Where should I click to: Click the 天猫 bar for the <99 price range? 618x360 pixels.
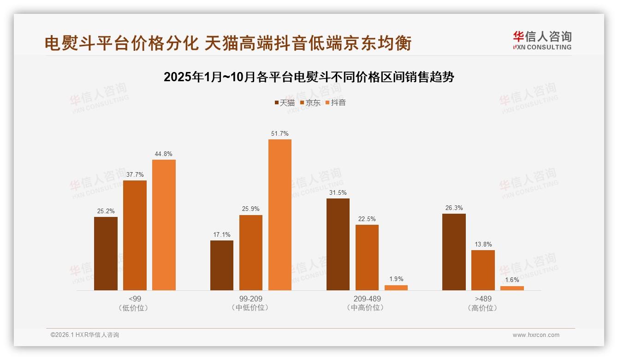point(106,253)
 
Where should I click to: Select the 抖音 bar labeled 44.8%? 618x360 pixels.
point(164,225)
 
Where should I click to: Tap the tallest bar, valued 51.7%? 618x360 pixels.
point(280,215)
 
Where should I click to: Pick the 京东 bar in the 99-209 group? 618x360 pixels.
point(251,252)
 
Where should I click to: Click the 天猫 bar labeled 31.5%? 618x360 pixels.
point(338,244)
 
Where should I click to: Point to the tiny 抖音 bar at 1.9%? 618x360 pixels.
point(396,288)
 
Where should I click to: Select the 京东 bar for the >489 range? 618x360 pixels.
point(483,270)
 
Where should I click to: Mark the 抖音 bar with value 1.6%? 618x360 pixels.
point(512,288)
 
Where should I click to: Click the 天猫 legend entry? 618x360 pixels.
point(285,102)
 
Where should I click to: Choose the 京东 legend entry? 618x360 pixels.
point(310,102)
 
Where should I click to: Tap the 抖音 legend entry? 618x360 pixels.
point(336,102)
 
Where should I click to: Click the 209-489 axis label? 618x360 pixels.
point(367,299)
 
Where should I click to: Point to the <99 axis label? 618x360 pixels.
point(135,299)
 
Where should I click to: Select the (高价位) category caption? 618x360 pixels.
point(483,308)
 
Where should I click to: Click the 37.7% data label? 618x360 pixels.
point(135,174)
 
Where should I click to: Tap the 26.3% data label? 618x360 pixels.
point(454,208)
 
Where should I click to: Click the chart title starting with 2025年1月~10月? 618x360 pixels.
point(309,77)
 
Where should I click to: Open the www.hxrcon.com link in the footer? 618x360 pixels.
point(536,335)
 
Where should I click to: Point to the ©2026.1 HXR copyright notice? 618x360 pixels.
point(85,335)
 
